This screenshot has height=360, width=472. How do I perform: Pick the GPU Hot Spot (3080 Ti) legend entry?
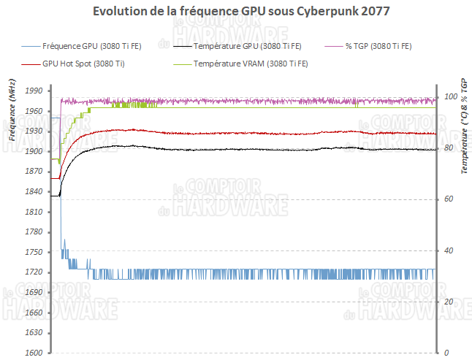tap(83, 64)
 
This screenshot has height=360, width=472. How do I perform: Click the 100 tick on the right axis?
tap(450, 97)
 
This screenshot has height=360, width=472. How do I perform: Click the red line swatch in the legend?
tap(31, 64)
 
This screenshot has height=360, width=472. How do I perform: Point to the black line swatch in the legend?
tap(182, 46)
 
